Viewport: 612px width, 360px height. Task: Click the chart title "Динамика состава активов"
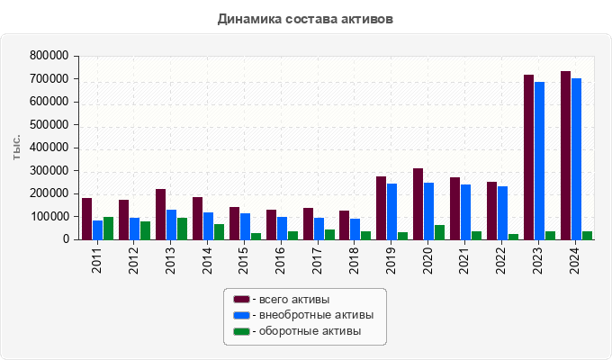pyautogui.click(x=305, y=19)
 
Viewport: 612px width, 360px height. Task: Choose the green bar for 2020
pyautogui.click(x=440, y=232)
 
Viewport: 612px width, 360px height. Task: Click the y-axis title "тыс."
pyautogui.click(x=16, y=148)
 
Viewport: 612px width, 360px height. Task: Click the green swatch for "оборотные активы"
pyautogui.click(x=241, y=331)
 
